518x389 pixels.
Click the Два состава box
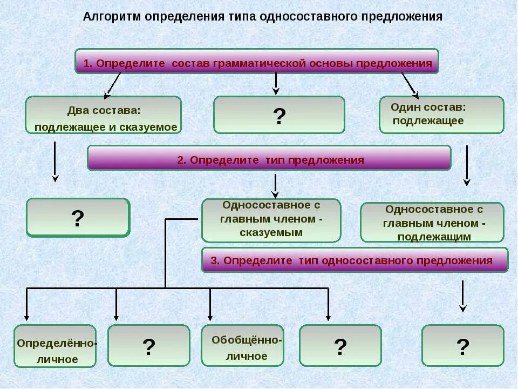104,115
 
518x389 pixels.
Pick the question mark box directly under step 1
279,115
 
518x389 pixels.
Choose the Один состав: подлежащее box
441,115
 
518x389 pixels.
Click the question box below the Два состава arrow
78,218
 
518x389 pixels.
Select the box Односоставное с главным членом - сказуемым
271,220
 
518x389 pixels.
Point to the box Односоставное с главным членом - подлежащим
432,222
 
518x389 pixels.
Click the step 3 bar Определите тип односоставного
355,260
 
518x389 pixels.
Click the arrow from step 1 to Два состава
112,84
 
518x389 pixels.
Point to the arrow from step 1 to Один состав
410,84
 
